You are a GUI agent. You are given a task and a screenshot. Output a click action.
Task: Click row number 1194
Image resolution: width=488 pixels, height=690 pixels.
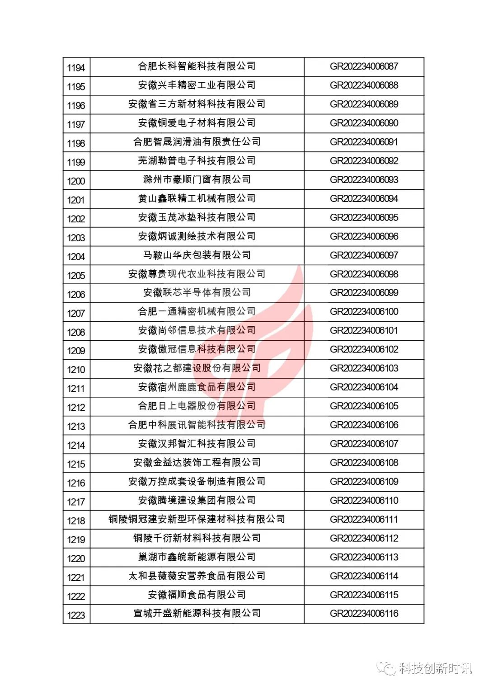(76, 68)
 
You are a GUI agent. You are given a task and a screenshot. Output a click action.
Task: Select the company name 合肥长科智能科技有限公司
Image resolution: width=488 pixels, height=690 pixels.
(197, 66)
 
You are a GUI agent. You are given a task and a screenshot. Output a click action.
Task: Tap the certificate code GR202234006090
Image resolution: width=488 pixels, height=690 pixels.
(364, 123)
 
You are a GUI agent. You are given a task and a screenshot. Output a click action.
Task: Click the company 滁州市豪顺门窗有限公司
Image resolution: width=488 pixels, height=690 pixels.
(197, 179)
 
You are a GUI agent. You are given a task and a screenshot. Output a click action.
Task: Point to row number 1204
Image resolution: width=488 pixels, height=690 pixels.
(76, 257)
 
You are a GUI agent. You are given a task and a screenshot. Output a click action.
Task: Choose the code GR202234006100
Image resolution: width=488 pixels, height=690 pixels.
(364, 311)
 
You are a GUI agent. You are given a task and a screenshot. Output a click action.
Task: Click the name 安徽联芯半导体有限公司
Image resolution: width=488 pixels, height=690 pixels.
(197, 292)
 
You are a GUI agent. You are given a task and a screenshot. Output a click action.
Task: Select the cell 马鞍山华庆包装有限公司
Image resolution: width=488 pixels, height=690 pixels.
(197, 255)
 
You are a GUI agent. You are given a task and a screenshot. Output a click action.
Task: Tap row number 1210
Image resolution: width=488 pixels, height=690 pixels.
(76, 370)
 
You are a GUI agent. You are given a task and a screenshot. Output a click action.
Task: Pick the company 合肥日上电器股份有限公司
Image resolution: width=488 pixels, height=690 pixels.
(197, 406)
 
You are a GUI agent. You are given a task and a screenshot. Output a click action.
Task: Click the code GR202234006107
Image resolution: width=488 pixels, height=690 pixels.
(364, 444)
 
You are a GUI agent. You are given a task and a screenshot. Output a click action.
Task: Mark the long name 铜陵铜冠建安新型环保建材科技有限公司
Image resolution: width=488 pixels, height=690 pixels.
(197, 519)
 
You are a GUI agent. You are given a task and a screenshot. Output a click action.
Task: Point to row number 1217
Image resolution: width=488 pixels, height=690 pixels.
(76, 502)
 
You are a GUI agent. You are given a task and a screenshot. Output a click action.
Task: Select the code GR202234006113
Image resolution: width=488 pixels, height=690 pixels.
(364, 557)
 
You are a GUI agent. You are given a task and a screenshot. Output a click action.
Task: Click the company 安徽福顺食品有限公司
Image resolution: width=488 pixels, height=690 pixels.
(197, 595)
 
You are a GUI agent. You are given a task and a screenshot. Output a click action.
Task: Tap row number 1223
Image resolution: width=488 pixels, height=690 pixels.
(76, 615)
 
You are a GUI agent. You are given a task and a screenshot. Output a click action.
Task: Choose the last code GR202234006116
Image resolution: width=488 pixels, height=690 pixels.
(364, 613)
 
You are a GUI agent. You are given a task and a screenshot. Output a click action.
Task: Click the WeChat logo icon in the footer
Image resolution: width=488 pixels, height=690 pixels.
(387, 668)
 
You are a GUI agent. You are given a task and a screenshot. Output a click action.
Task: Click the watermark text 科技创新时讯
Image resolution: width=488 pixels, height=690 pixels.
(435, 668)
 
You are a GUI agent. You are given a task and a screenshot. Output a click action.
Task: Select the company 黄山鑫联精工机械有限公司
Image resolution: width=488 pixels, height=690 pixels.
(197, 198)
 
